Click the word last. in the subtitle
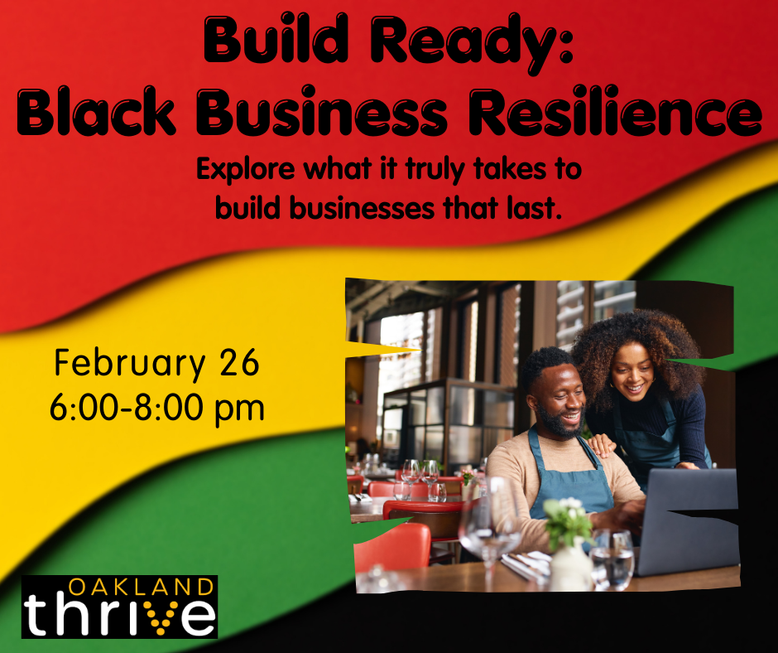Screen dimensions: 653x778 pos(534,207)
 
